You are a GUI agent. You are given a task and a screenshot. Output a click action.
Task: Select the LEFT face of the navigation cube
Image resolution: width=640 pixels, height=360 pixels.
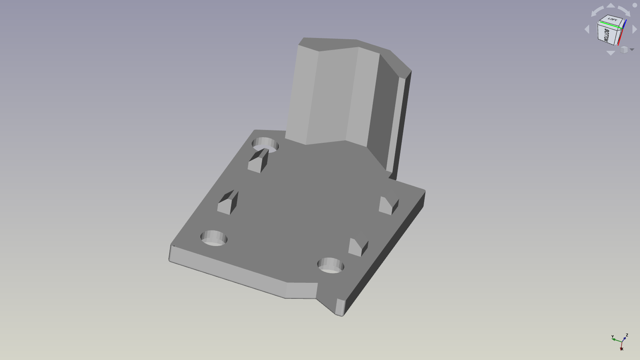coord(612,20)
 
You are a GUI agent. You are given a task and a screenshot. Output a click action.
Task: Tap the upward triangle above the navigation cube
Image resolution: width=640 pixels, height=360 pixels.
coord(611,6)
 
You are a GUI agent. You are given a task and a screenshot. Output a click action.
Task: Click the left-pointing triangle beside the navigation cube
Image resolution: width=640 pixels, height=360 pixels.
coord(587,29)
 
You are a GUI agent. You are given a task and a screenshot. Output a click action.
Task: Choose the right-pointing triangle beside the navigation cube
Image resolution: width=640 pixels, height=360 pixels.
coord(635,29)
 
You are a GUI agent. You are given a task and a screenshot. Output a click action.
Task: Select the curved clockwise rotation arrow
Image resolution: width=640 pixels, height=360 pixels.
coord(624,11)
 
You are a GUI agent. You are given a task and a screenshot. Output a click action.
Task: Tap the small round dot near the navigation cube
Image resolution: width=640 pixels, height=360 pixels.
coord(635,5)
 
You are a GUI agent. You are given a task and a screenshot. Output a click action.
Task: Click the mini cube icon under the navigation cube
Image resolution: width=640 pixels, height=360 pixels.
coord(624,50)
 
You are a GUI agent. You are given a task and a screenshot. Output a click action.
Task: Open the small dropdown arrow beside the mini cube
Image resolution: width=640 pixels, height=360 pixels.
coord(632,50)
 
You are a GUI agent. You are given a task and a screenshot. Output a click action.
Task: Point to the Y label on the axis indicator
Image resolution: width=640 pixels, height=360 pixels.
coord(612,337)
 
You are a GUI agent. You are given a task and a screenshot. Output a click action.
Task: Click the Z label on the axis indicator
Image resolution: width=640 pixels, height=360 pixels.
coord(627,335)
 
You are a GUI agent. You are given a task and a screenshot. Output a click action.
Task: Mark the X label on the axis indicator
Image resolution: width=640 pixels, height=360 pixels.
coord(622,349)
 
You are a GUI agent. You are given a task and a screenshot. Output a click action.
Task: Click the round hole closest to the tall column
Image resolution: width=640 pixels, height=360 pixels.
coord(265,144)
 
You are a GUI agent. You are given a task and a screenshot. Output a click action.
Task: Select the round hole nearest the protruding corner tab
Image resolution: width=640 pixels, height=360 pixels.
coord(330,266)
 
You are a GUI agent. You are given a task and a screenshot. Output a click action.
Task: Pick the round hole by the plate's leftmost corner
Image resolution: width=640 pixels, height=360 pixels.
coord(214,238)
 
